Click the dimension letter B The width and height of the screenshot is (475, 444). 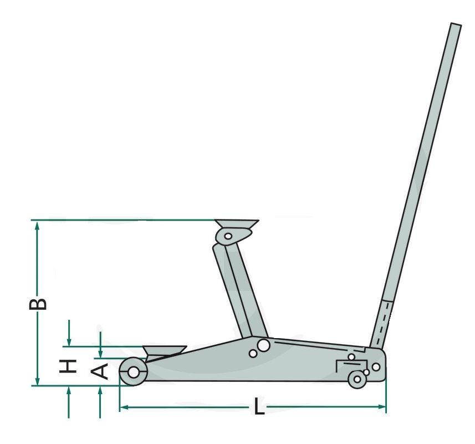(x=38, y=304)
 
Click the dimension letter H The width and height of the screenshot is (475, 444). (x=67, y=366)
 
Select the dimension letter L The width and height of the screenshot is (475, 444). (x=258, y=406)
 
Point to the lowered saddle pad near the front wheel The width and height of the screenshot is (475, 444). (x=165, y=351)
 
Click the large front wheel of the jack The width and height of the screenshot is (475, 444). (x=133, y=372)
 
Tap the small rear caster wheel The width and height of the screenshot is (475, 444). (x=357, y=379)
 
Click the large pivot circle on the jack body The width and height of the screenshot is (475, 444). (x=263, y=345)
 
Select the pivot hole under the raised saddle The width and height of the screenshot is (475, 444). (x=228, y=236)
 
